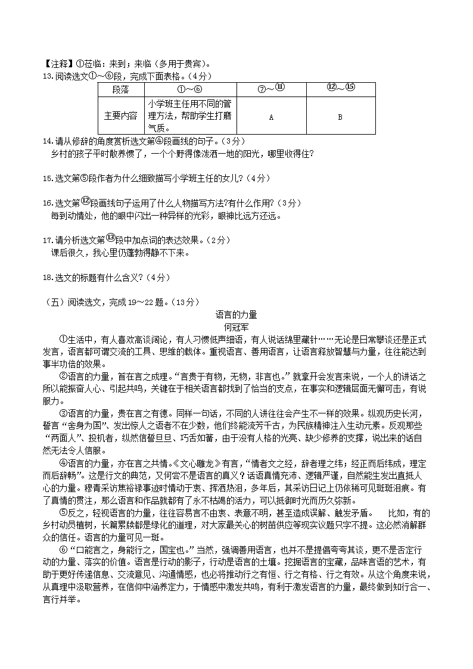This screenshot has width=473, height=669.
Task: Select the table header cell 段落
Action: (x=120, y=89)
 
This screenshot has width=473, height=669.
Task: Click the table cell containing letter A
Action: (x=271, y=117)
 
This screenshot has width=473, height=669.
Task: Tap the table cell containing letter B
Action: (x=340, y=117)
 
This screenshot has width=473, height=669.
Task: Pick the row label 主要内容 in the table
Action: (x=120, y=116)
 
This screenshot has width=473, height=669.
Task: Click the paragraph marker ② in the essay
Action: (x=64, y=376)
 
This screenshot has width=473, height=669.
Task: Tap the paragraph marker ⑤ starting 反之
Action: (x=64, y=514)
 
